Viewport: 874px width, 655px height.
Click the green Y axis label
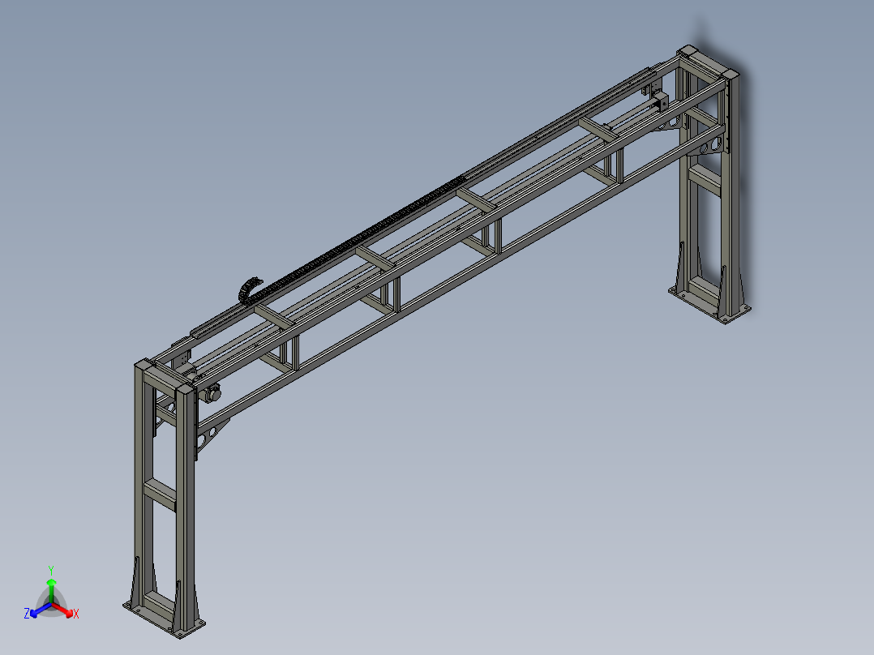click(51, 570)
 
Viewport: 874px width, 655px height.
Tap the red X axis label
click(76, 614)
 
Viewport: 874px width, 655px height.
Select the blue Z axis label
click(27, 613)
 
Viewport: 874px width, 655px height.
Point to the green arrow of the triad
click(51, 590)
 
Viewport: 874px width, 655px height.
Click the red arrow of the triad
click(62, 610)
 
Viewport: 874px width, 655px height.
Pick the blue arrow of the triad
click(41, 610)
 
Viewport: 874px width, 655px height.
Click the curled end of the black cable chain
click(249, 288)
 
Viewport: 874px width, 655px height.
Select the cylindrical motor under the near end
click(212, 393)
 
